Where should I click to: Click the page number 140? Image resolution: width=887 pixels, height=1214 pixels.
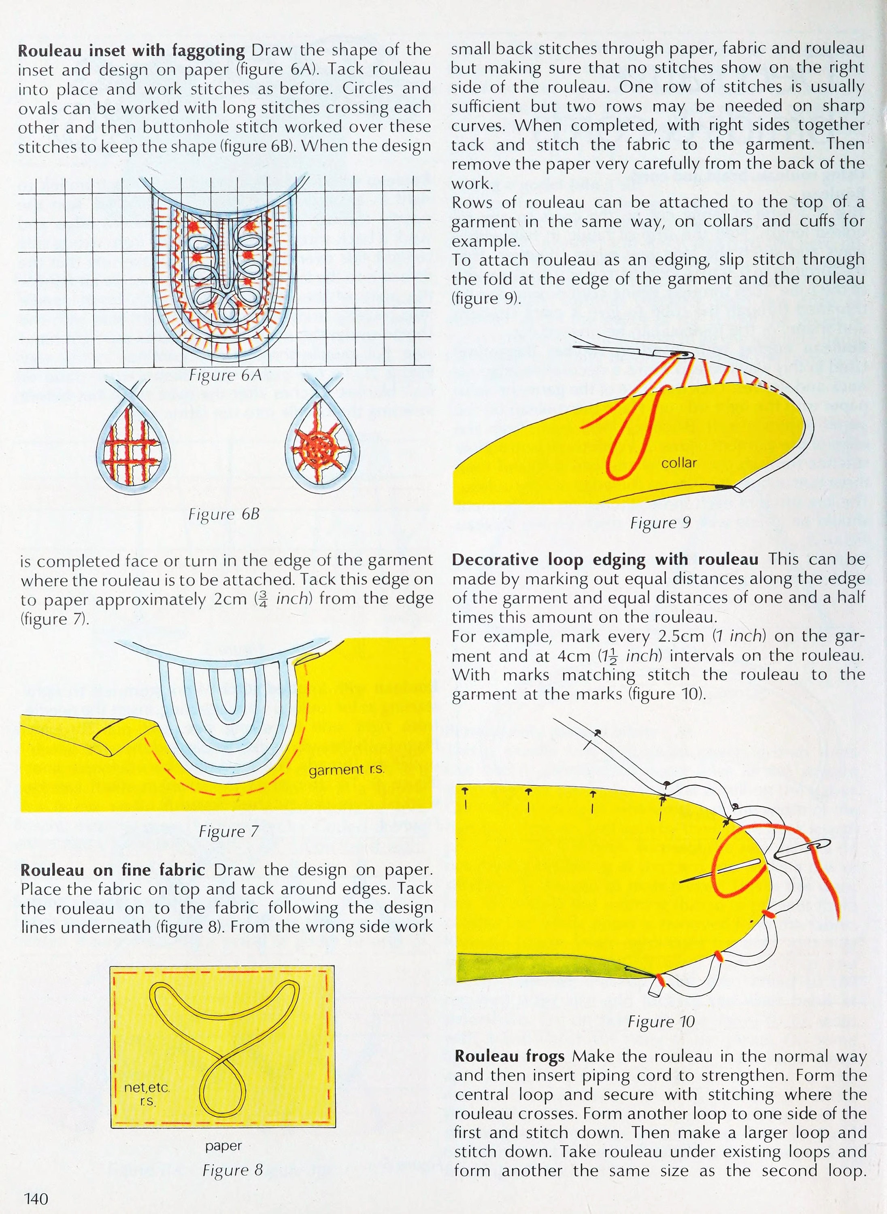tap(36, 1198)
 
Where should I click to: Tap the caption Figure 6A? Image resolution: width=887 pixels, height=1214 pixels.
tap(225, 375)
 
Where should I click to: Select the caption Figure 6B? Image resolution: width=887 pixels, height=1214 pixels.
tap(224, 514)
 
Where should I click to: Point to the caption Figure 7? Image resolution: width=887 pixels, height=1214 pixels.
tap(229, 832)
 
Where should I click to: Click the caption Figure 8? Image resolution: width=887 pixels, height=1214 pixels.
tap(232, 1169)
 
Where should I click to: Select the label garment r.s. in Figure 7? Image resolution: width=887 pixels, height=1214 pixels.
tap(346, 770)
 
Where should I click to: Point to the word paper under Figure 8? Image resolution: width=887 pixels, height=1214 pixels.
tap(223, 1146)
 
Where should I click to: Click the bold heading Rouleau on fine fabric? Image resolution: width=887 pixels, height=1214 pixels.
tap(113, 870)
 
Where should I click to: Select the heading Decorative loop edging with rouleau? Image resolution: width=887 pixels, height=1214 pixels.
tap(604, 559)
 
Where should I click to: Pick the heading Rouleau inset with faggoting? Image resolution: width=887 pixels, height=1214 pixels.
tap(132, 51)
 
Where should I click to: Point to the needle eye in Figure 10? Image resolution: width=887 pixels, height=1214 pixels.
tap(820, 845)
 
